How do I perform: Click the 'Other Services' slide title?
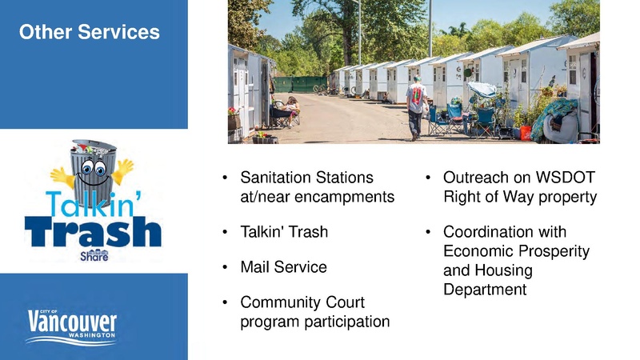89,33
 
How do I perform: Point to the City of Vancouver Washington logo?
73,325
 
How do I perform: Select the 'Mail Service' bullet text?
283,267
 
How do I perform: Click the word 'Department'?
484,290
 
